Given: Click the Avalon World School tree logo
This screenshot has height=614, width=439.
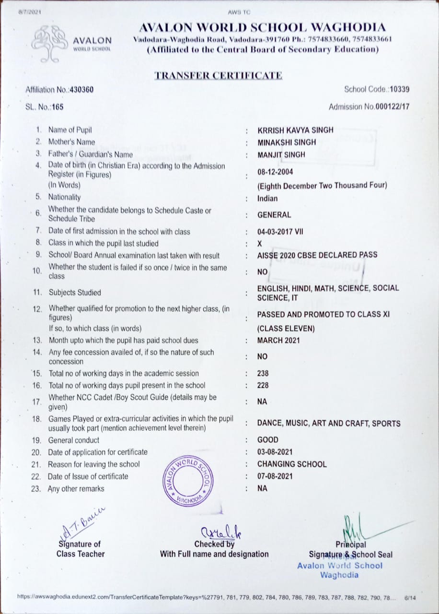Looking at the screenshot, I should pyautogui.click(x=50, y=43).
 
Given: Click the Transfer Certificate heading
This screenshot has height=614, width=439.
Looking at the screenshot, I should pyautogui.click(x=218, y=75).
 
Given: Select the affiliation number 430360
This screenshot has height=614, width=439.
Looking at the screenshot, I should pyautogui.click(x=82, y=90).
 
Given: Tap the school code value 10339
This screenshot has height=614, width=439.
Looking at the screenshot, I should pyautogui.click(x=400, y=89).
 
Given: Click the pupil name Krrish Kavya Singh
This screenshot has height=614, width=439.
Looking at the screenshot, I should pyautogui.click(x=295, y=130).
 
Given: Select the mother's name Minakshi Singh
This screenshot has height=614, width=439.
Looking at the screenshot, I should pyautogui.click(x=287, y=142).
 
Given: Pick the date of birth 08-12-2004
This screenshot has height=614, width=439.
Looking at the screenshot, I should pyautogui.click(x=275, y=172).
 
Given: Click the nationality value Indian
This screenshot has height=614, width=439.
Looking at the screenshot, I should pyautogui.click(x=267, y=199).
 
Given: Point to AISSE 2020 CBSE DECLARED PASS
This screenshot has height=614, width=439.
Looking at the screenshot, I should pyautogui.click(x=317, y=255).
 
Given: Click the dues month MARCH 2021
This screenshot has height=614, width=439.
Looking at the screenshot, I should pyautogui.click(x=278, y=341).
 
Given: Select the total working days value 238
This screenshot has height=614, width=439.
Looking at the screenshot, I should pyautogui.click(x=263, y=373).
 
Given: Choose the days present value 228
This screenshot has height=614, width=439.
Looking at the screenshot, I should pyautogui.click(x=263, y=385).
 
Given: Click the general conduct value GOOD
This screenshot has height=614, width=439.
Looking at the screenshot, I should pyautogui.click(x=268, y=440).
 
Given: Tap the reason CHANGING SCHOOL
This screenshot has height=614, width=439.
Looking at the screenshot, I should pyautogui.click(x=292, y=464).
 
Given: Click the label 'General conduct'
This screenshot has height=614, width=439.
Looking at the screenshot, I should pyautogui.click(x=74, y=440).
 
